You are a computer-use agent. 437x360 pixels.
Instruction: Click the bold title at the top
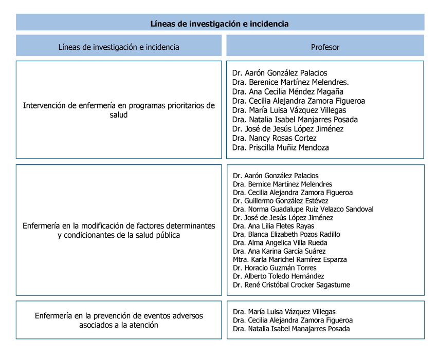click(220, 24)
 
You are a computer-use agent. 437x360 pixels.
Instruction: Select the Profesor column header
click(325, 47)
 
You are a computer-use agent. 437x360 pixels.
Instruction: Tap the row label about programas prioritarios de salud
click(119, 110)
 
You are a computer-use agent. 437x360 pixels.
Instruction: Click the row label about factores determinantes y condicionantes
click(119, 230)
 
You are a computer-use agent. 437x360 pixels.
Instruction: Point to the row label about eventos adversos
click(119, 320)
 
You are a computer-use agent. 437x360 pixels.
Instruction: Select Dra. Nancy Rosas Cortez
click(274, 138)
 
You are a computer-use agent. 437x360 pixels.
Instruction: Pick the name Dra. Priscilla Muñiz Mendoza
click(280, 147)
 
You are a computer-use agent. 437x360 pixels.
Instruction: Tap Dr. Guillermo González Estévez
click(280, 201)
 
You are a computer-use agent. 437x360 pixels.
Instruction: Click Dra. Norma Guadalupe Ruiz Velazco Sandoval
click(303, 209)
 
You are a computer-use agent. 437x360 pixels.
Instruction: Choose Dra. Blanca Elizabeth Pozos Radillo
click(286, 234)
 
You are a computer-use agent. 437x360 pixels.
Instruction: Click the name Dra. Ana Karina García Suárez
click(279, 251)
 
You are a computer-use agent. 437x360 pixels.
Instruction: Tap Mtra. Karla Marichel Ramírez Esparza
click(289, 259)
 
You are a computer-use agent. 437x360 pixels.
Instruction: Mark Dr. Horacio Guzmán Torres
click(275, 268)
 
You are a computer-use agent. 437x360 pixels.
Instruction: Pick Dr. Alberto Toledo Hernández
click(278, 276)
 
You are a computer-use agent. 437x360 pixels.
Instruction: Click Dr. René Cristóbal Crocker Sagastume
click(291, 285)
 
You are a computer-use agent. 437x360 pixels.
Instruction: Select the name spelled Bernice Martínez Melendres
click(282, 184)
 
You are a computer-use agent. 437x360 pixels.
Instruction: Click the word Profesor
click(325, 47)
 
